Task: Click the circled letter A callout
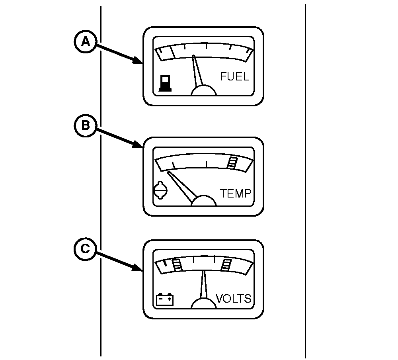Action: coord(86,41)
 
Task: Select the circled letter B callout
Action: coord(86,125)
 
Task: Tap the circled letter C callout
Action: coord(86,249)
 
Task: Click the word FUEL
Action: coord(234,76)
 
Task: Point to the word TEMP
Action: coord(235,193)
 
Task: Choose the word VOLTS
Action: coord(234,299)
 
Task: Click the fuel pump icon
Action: coord(165,83)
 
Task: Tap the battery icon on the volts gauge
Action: coord(165,299)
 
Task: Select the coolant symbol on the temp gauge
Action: coord(161,190)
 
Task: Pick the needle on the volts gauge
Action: coord(203,284)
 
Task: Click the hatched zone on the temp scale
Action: coord(232,162)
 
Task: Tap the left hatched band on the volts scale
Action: coord(177,265)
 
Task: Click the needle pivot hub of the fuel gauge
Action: coord(203,91)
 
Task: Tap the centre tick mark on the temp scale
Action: coord(206,164)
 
